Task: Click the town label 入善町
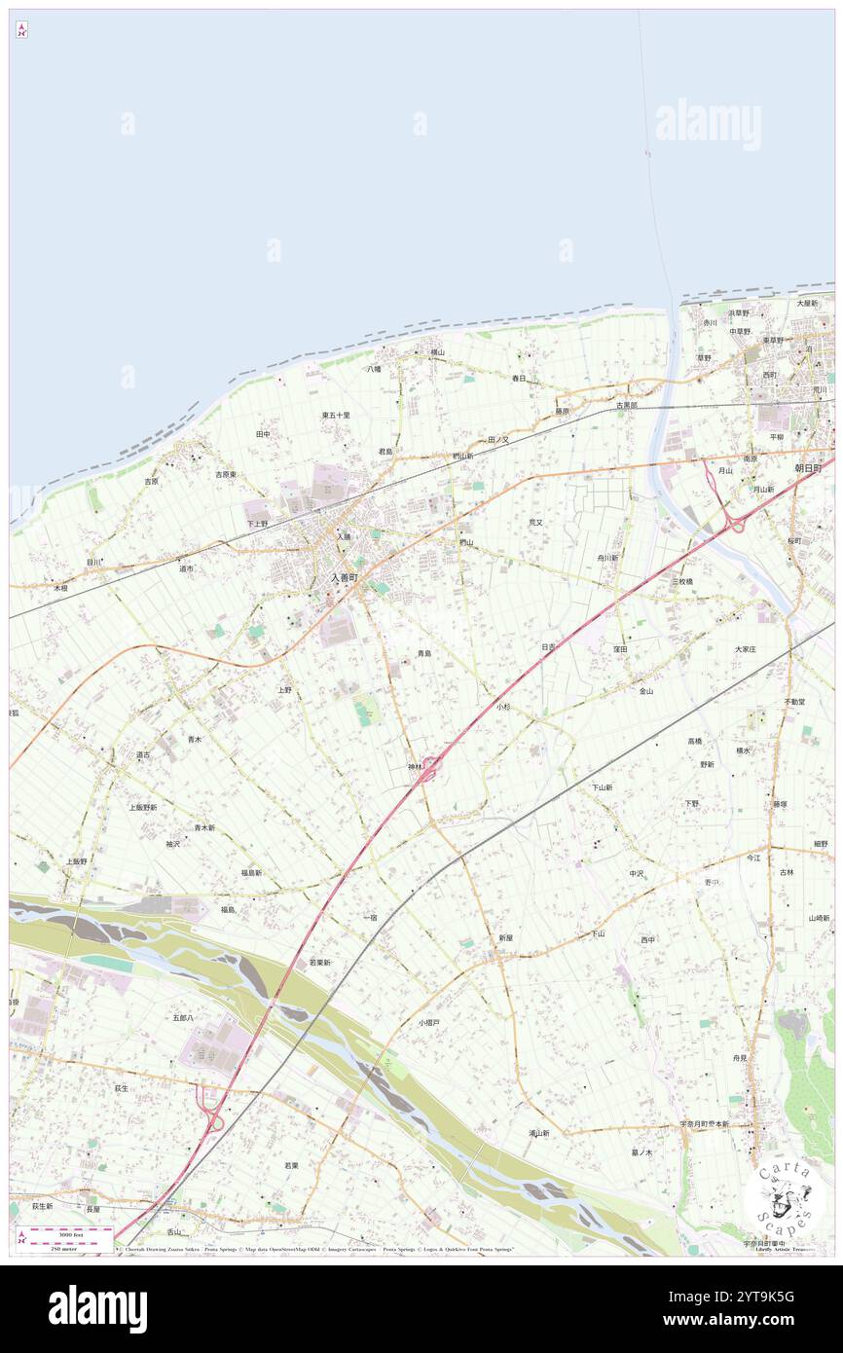click(344, 577)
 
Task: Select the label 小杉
click(502, 707)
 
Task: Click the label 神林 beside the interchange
click(415, 767)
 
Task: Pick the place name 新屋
click(505, 938)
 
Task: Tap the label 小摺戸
click(429, 1023)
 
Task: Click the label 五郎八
click(183, 1017)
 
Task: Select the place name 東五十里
click(336, 415)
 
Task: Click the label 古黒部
click(626, 405)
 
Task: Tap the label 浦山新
click(539, 1133)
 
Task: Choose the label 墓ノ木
click(641, 1152)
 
